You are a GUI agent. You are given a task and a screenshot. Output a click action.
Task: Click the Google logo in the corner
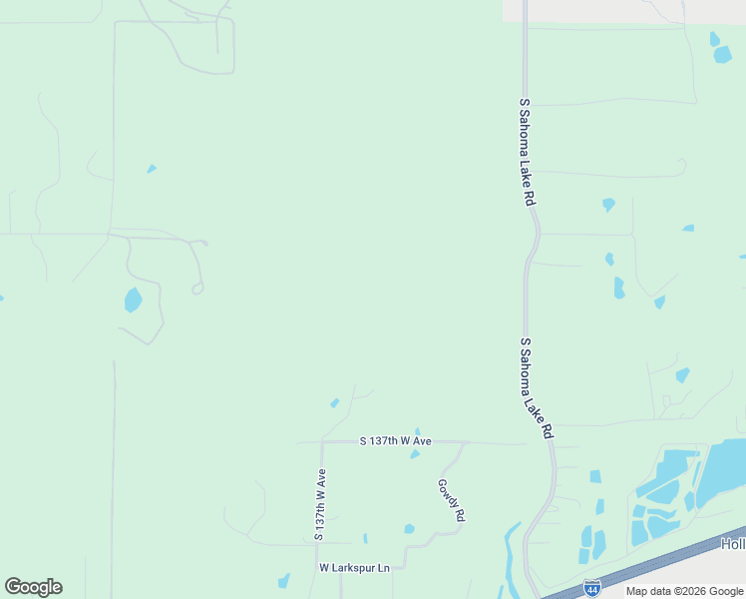click(33, 587)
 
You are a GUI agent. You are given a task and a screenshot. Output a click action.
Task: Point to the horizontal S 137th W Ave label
click(395, 440)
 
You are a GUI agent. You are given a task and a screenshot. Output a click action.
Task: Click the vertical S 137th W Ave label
click(320, 505)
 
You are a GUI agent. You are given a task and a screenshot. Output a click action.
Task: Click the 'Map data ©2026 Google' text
click(684, 591)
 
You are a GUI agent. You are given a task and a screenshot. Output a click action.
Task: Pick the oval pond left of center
click(133, 299)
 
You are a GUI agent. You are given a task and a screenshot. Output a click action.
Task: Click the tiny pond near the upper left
click(152, 169)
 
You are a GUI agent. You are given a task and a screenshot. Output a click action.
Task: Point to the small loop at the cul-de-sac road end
click(197, 289)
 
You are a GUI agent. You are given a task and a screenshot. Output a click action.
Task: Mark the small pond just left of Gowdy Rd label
click(409, 528)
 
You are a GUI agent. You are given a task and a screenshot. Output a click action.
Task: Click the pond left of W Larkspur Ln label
click(284, 580)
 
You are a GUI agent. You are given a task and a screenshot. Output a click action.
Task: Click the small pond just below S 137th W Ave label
click(415, 454)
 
